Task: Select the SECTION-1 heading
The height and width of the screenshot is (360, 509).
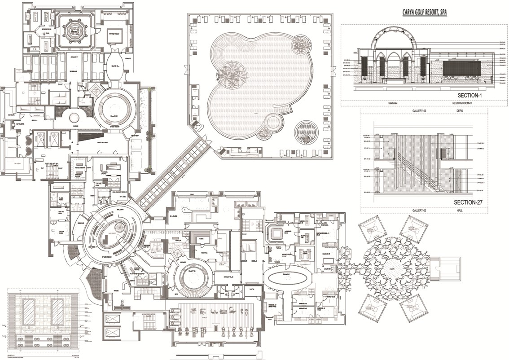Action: [x=475, y=96]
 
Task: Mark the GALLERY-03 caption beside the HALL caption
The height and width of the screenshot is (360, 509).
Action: [x=421, y=210]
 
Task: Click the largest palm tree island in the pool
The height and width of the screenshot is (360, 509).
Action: [x=231, y=74]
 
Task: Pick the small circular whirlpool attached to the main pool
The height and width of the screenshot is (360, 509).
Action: [x=274, y=122]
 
